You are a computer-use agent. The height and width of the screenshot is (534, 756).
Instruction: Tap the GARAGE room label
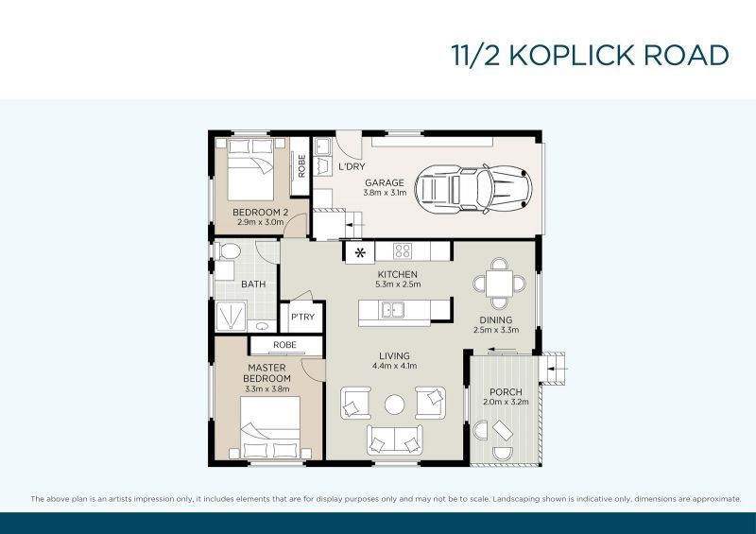(x=384, y=182)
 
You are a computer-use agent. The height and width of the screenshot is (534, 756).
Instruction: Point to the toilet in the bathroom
(x=226, y=251)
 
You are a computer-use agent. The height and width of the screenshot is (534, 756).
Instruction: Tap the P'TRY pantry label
(x=302, y=317)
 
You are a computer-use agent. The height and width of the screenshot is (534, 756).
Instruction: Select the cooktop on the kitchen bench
(x=402, y=251)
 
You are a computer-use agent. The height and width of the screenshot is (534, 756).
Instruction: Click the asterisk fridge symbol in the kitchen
(x=359, y=252)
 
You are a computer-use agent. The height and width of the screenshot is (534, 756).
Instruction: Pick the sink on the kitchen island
(x=392, y=309)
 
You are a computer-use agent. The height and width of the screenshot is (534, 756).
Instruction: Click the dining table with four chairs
(x=498, y=283)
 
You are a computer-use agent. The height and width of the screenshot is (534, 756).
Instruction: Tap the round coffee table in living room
(x=394, y=405)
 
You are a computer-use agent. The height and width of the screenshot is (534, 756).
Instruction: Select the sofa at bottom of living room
(x=394, y=439)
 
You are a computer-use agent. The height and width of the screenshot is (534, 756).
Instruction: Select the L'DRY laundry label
(x=352, y=166)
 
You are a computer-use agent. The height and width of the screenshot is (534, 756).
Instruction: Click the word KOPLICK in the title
(x=585, y=55)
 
